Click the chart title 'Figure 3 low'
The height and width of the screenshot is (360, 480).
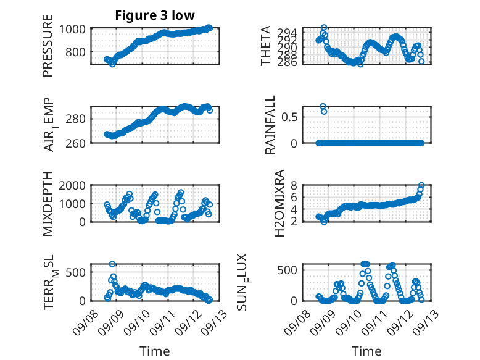point(155,16)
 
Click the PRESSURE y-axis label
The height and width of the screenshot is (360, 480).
point(48,51)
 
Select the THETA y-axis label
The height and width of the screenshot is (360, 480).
point(266,46)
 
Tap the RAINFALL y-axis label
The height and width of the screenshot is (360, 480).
point(270,125)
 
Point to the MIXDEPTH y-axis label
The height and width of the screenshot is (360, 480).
point(48,204)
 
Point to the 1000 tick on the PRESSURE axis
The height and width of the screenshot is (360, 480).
point(74,28)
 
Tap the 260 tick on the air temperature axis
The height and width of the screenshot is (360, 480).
point(78,143)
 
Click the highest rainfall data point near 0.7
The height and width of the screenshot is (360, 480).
point(323,106)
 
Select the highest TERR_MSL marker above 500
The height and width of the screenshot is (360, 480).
point(112,264)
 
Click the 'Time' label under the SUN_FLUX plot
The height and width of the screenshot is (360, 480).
point(366,351)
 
